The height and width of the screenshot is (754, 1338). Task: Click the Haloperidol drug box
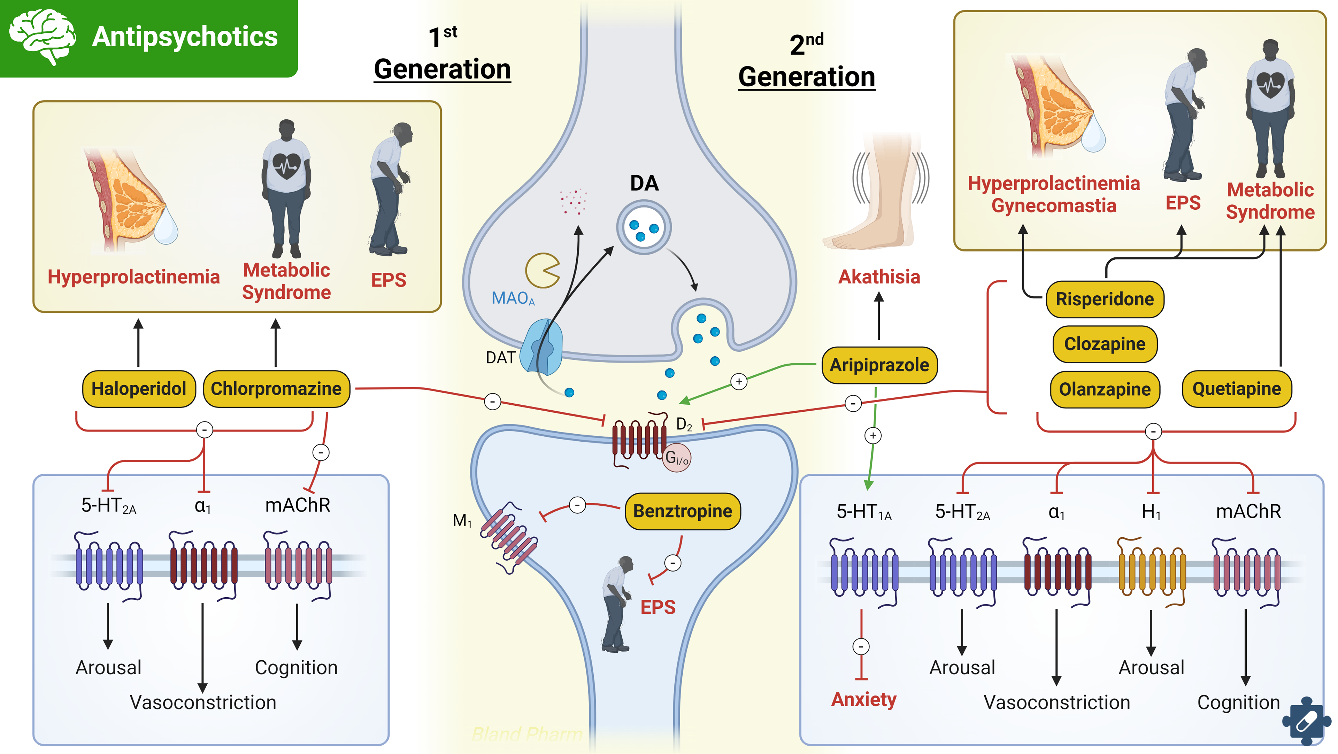(x=139, y=388)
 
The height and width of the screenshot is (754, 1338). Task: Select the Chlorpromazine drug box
(x=276, y=388)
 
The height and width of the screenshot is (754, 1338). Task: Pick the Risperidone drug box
(x=1105, y=299)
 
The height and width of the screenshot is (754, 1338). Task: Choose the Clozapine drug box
(x=1105, y=344)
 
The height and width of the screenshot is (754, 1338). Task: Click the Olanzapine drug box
(x=1105, y=389)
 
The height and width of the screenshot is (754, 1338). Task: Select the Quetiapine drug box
(x=1236, y=388)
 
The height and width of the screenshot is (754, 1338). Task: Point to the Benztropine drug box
(x=683, y=511)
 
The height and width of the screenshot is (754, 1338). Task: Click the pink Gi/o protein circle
(x=676, y=458)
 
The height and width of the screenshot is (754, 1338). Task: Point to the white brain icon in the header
(x=43, y=36)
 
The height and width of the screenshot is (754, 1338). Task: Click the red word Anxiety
(x=864, y=699)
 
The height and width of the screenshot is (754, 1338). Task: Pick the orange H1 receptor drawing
(x=1152, y=571)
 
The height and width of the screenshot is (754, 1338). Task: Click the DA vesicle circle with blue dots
(x=644, y=227)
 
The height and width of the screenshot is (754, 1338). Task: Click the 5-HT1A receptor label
(x=864, y=512)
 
